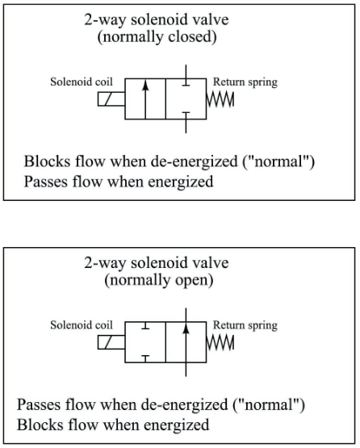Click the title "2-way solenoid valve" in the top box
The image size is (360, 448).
157,21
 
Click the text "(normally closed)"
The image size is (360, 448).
157,37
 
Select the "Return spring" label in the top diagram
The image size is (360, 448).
245,82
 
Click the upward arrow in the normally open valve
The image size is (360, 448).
186,343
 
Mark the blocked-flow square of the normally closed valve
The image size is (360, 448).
186,100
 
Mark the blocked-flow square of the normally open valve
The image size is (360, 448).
145,343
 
